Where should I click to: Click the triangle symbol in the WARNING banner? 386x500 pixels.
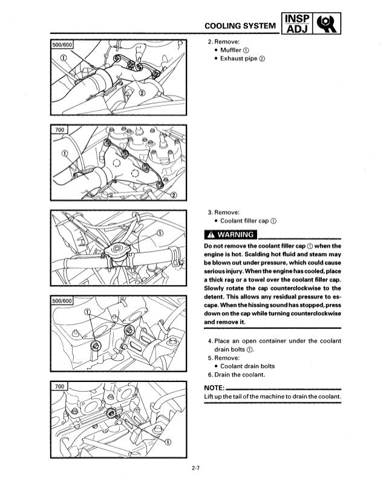[x=209, y=234]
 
